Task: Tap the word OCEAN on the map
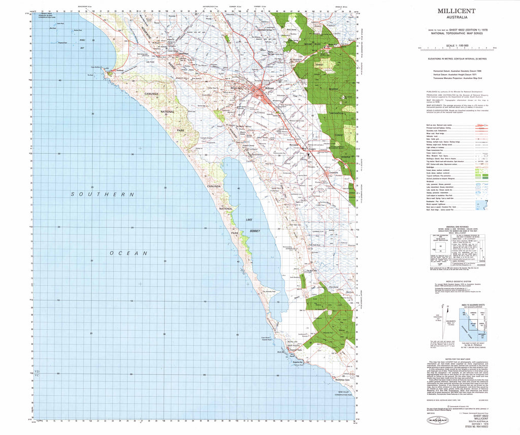coord(131,253)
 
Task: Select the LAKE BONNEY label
coord(252,226)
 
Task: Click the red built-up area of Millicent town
coord(264,91)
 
